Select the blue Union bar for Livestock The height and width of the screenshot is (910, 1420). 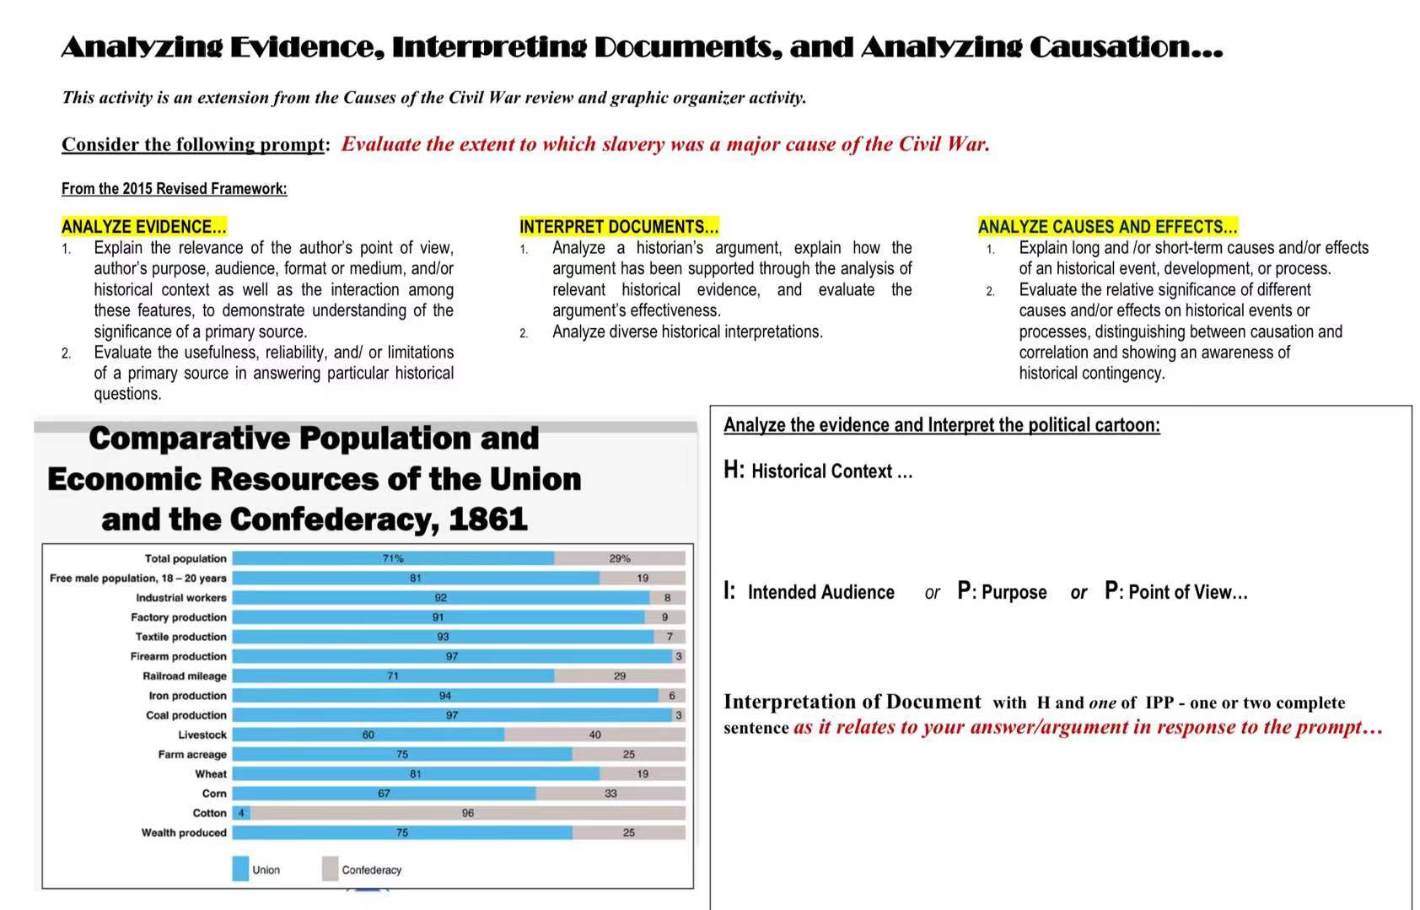click(x=368, y=735)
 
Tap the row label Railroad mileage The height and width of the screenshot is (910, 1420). click(x=184, y=676)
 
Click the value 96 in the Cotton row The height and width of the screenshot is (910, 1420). click(x=468, y=813)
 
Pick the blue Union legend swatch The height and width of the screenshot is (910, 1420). click(x=240, y=869)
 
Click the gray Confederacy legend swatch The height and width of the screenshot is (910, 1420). click(x=331, y=869)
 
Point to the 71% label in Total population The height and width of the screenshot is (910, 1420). click(x=393, y=558)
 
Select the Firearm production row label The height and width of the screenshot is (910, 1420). click(x=178, y=656)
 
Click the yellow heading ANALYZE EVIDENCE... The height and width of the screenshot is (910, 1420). click(x=143, y=226)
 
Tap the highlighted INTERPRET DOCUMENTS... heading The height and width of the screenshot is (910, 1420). click(x=619, y=226)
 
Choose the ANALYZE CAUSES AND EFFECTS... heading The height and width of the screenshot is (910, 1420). click(x=1107, y=226)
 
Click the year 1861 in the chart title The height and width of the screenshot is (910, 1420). click(x=488, y=519)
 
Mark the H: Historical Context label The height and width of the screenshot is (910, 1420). click(x=818, y=471)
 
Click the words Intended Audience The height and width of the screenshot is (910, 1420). click(x=820, y=592)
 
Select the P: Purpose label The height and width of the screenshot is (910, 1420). click(x=1003, y=592)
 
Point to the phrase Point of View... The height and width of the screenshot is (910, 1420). click(x=1186, y=592)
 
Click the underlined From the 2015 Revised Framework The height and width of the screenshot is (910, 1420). click(x=174, y=188)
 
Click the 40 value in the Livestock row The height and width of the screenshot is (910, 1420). click(x=595, y=735)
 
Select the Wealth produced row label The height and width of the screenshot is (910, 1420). click(x=184, y=832)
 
